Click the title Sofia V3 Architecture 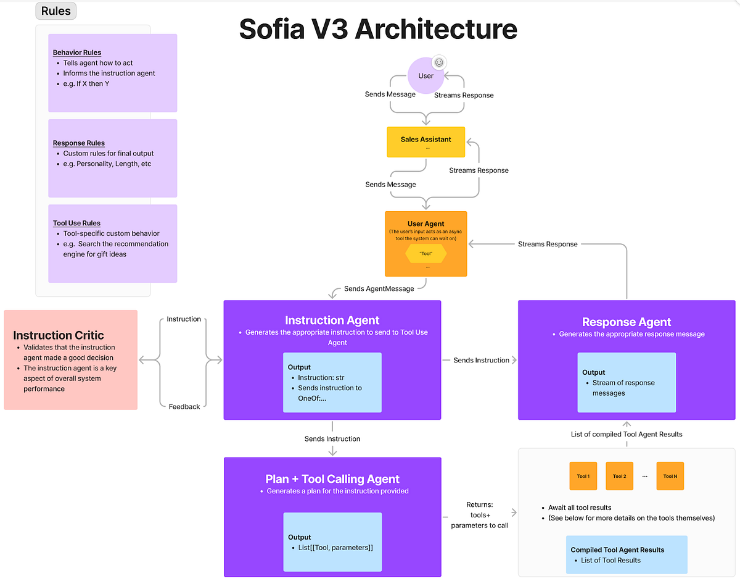click(377, 29)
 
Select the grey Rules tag click(55, 11)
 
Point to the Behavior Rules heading click(77, 52)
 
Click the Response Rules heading click(79, 143)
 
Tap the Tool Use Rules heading click(76, 223)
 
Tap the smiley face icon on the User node click(439, 62)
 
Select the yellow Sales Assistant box click(425, 142)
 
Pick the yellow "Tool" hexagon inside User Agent click(425, 253)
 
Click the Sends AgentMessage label click(379, 288)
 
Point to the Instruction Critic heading click(59, 335)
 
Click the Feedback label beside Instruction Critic click(184, 406)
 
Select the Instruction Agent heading click(332, 320)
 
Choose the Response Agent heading click(626, 322)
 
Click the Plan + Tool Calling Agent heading click(332, 479)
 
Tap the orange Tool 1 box click(583, 476)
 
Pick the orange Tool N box click(670, 476)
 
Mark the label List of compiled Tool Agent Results click(627, 434)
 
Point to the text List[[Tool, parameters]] click(335, 548)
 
